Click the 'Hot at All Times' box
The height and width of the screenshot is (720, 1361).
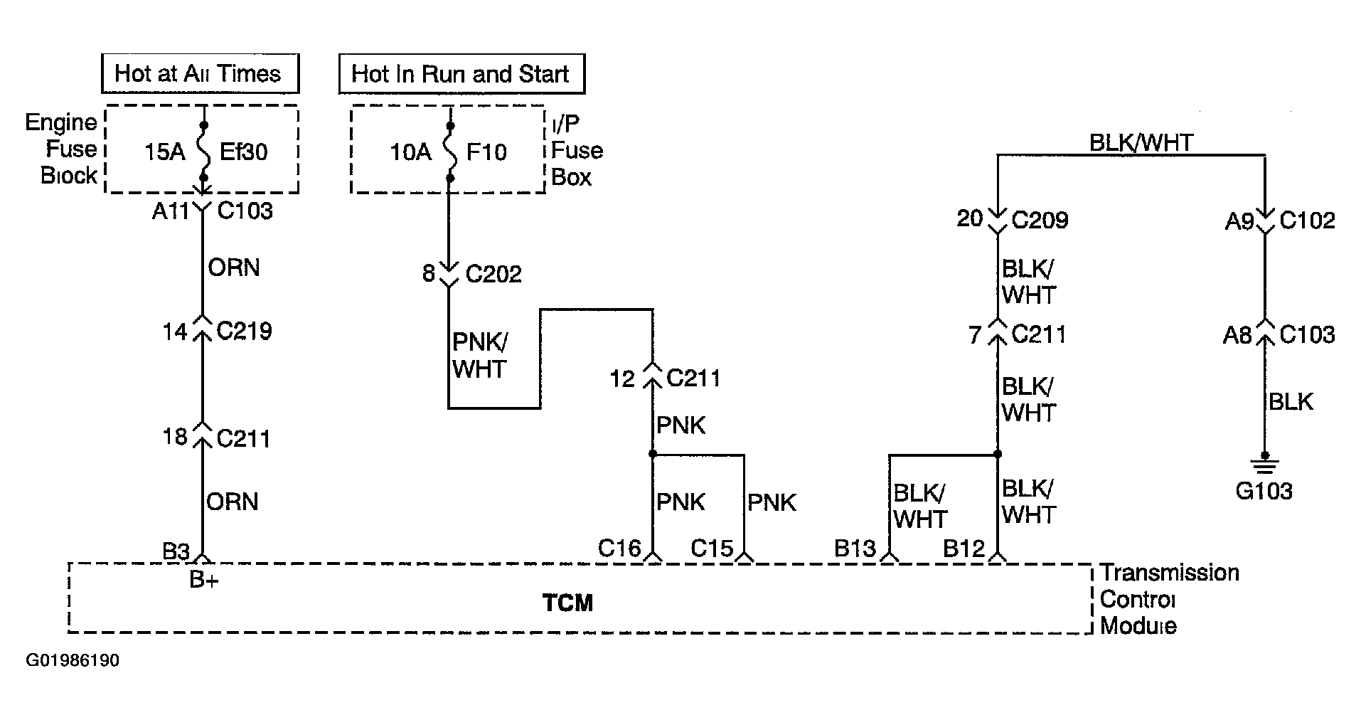200,73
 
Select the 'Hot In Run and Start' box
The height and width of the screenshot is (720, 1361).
461,74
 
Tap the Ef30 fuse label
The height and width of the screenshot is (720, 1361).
244,152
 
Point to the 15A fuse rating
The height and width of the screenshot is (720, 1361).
165,152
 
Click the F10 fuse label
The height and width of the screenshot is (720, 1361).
487,152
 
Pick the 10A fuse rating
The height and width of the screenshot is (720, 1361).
410,152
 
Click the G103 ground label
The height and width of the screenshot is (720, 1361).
1264,491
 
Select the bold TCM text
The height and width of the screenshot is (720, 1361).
567,603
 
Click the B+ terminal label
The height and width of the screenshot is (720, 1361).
204,580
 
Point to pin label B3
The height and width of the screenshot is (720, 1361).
176,551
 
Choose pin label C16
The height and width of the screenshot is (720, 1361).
619,549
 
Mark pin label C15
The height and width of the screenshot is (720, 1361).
712,549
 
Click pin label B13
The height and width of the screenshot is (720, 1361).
855,549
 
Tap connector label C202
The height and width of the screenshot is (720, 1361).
493,274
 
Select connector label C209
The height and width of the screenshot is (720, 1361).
1040,220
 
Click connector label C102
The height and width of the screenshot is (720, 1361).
1307,221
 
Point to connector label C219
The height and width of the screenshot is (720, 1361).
245,331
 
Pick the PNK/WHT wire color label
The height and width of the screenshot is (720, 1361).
480,356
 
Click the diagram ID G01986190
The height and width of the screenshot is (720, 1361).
73,661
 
